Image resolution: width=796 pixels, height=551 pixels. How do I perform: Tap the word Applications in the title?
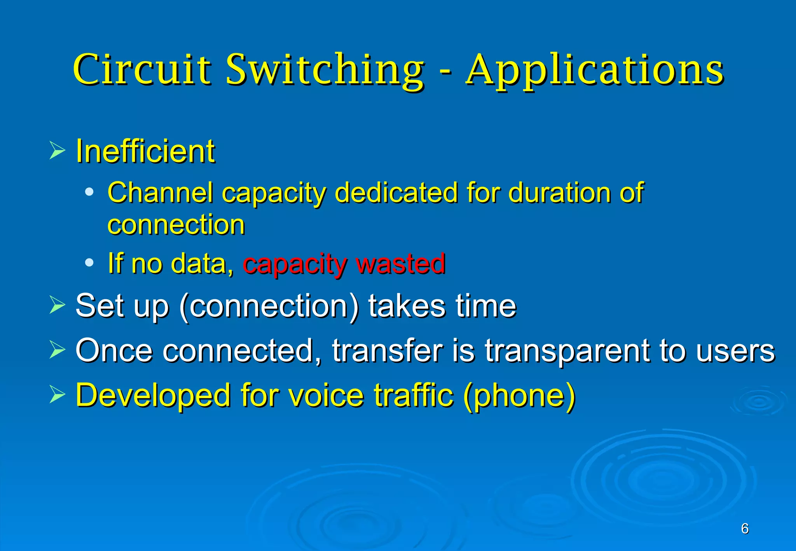pyautogui.click(x=595, y=70)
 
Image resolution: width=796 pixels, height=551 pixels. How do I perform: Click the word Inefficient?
pyautogui.click(x=145, y=151)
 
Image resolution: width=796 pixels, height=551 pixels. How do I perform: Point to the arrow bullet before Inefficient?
pyautogui.click(x=57, y=151)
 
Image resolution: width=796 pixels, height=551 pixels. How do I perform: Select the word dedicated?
pyautogui.click(x=396, y=193)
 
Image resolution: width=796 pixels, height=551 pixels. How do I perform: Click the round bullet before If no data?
pyautogui.click(x=89, y=263)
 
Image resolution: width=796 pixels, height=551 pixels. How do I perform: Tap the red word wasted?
pyautogui.click(x=401, y=263)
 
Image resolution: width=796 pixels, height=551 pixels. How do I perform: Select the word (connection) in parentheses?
pyautogui.click(x=269, y=307)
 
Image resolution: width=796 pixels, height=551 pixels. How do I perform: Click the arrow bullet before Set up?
pyautogui.click(x=57, y=305)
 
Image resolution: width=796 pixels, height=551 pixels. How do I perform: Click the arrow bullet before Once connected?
pyautogui.click(x=57, y=350)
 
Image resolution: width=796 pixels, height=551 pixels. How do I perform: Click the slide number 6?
pyautogui.click(x=745, y=528)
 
